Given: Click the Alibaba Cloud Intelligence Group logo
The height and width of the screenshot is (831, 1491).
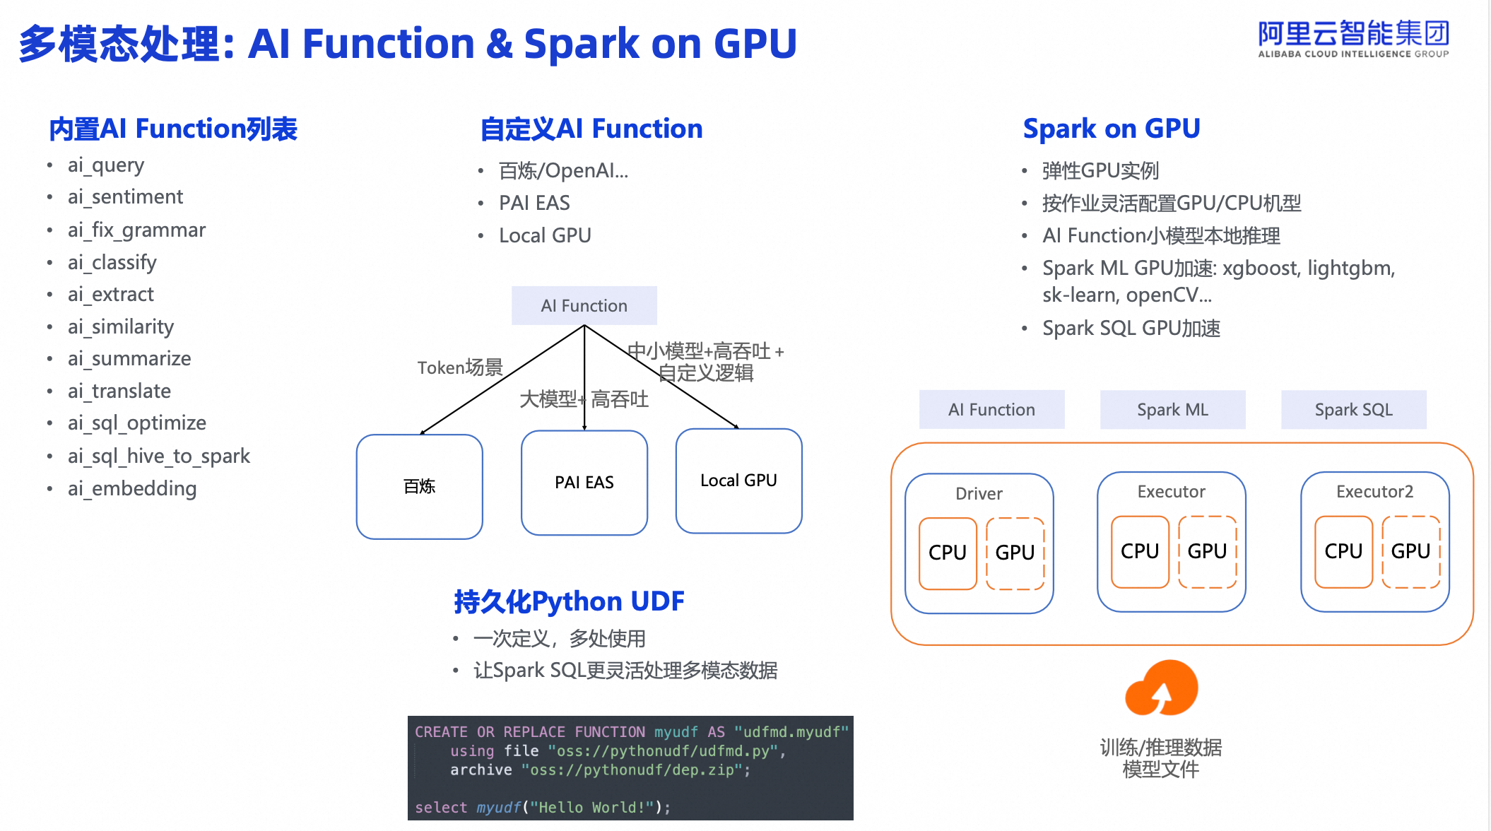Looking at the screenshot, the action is (1353, 40).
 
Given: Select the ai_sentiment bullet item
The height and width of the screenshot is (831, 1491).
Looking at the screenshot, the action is (125, 197).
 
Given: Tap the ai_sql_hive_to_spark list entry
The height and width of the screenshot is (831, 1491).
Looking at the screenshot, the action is (159, 456).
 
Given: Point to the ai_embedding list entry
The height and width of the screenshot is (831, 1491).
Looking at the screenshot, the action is (132, 489).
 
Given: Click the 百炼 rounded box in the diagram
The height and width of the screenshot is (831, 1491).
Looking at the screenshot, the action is (420, 487).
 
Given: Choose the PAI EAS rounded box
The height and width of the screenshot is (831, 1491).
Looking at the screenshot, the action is (584, 483).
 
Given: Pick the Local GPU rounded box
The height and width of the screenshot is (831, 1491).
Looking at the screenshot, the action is (739, 481).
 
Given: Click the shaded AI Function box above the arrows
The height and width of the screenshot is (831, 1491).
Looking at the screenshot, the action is (584, 306).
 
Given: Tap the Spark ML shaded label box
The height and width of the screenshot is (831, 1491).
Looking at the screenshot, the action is (1173, 410).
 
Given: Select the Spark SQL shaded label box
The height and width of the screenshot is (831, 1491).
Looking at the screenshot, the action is (1354, 410).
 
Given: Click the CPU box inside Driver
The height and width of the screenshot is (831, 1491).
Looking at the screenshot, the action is (948, 553).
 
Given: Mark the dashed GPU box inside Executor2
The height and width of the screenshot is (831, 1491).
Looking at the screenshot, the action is (1411, 552).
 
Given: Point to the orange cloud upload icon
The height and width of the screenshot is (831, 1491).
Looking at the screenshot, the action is (1162, 688).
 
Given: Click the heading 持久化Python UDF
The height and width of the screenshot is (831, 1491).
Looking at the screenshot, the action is (569, 601).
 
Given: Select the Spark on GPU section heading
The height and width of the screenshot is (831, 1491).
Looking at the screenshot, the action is (1112, 129).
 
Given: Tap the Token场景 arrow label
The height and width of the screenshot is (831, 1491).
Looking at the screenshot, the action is (460, 367).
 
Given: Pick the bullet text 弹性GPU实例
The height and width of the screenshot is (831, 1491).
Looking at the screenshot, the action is (1101, 171).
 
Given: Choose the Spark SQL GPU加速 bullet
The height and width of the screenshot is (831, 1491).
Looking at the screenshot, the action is (1131, 329).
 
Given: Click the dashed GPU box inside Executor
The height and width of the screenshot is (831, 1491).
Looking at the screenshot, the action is (1208, 552).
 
